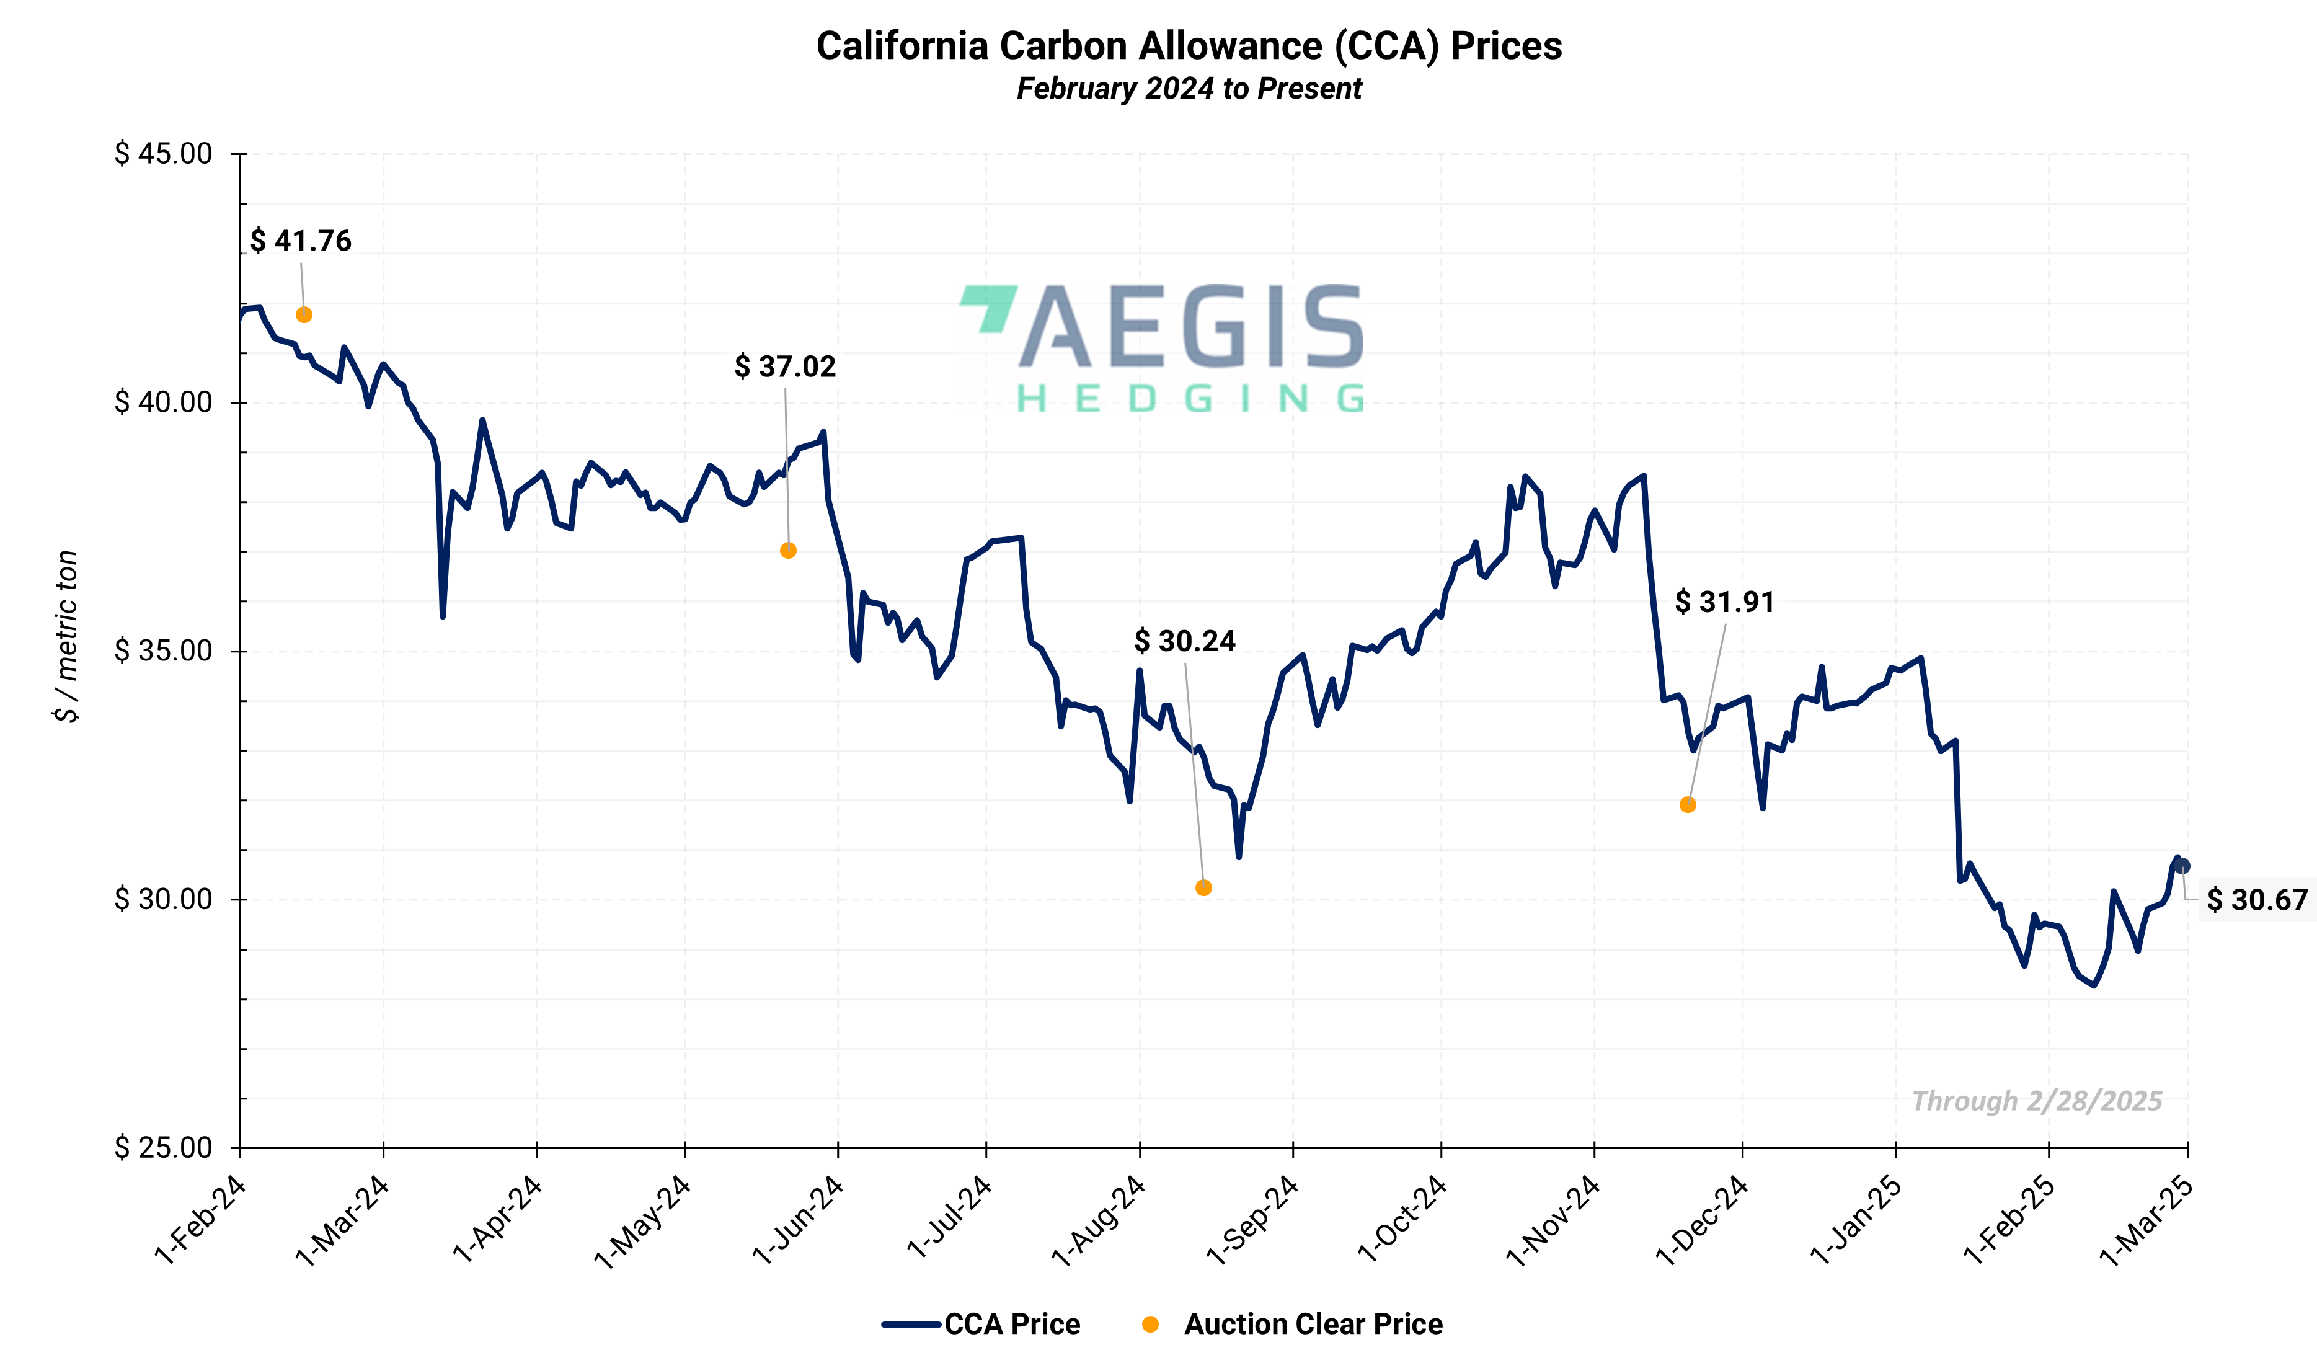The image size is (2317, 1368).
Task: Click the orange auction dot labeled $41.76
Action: point(304,315)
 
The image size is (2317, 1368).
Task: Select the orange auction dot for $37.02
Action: point(788,550)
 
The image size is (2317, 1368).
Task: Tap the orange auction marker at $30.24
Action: point(1203,888)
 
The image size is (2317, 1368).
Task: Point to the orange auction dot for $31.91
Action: point(1688,805)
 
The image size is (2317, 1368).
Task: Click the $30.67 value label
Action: point(2257,900)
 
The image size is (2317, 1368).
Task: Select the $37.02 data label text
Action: point(784,367)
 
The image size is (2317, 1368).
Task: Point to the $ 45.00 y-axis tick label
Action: point(163,154)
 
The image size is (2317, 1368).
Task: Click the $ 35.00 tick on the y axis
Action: point(163,651)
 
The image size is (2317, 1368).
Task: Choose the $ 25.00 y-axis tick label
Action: point(163,1148)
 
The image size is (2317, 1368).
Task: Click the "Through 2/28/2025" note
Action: point(2037,1101)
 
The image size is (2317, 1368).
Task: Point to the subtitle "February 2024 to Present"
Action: point(1189,89)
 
